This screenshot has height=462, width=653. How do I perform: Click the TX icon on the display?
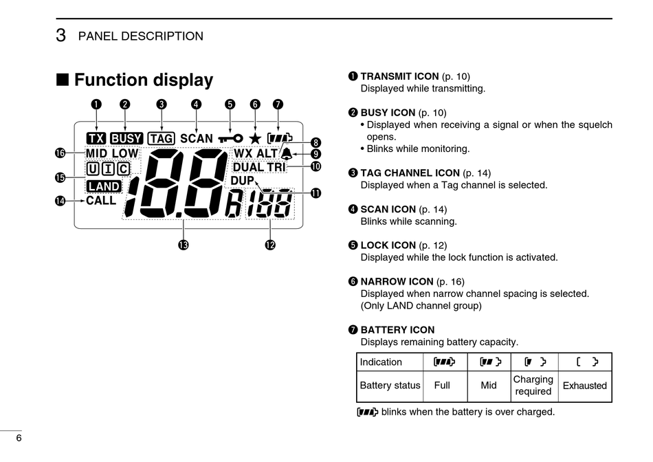click(96, 138)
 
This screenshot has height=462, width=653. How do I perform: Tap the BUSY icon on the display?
click(126, 138)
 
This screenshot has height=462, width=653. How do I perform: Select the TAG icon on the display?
click(162, 138)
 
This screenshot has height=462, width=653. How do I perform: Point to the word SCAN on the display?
click(197, 138)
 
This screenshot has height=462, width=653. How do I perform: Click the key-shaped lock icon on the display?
click(230, 138)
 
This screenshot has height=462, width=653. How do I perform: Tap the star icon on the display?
click(255, 138)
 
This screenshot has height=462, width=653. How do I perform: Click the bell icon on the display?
click(285, 154)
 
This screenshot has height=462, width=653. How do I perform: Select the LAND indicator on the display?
click(104, 186)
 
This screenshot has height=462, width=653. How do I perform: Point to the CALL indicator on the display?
click(101, 201)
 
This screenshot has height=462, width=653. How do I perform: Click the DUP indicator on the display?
click(242, 181)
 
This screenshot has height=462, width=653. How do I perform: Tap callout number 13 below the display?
click(184, 244)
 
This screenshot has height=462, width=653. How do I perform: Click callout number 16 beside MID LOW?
click(60, 153)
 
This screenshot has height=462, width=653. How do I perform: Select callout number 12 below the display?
click(270, 244)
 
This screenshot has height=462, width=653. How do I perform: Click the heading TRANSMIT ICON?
click(399, 76)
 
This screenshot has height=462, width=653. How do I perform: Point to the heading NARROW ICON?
click(397, 281)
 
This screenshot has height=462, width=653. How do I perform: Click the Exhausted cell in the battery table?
click(584, 386)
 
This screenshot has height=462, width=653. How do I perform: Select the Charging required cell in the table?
click(533, 385)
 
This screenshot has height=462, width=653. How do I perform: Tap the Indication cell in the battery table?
click(381, 362)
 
